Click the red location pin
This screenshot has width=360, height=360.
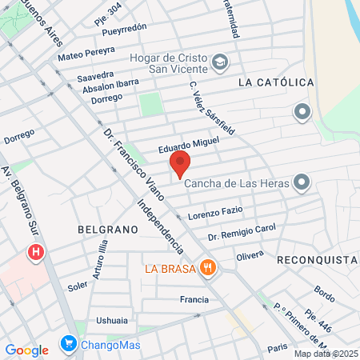(179, 163)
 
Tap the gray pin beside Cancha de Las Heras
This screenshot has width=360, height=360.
(302, 183)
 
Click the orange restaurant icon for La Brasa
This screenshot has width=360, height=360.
(208, 267)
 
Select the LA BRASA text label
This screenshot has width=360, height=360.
(170, 268)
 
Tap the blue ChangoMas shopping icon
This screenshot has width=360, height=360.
(69, 346)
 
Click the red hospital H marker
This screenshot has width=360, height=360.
(35, 254)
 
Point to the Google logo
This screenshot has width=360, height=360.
(26, 350)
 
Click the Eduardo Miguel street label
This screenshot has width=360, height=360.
(188, 143)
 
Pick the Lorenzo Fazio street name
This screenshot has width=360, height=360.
(215, 214)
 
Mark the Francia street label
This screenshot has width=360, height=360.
(194, 301)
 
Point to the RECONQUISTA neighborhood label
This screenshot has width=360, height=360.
(318, 260)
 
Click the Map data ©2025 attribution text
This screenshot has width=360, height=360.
(326, 354)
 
